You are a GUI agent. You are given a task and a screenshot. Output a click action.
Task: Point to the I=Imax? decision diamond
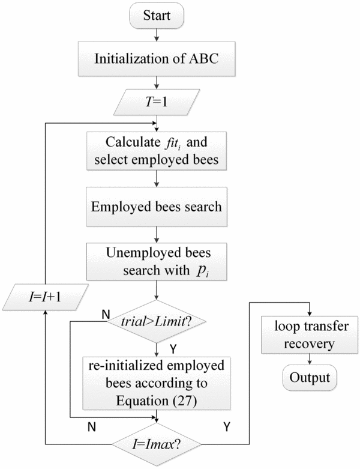coord(157,445)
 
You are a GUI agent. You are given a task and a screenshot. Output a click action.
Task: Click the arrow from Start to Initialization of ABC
coord(157,35)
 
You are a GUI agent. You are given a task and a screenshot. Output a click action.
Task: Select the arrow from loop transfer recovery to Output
coord(308,359)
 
